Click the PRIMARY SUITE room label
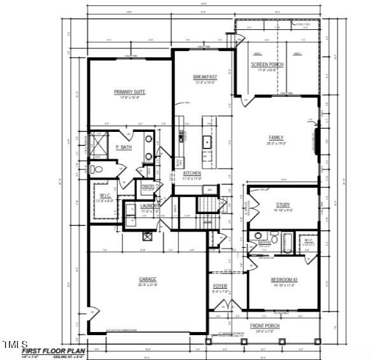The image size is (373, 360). click(x=130, y=92)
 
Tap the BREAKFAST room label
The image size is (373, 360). click(x=205, y=77)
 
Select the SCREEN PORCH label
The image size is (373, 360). click(x=267, y=65)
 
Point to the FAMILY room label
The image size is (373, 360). click(x=276, y=138)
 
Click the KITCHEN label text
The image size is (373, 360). click(x=192, y=173)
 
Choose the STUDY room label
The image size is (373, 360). click(x=283, y=205)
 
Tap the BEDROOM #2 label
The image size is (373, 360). click(x=285, y=280)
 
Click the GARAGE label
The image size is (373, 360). click(x=148, y=279)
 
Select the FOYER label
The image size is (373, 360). click(x=220, y=287)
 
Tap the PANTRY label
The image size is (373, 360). click(x=148, y=186)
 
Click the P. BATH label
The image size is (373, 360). click(x=123, y=148)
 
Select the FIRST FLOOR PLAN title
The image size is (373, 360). click(x=53, y=350)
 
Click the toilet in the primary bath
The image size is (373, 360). click(x=96, y=169)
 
